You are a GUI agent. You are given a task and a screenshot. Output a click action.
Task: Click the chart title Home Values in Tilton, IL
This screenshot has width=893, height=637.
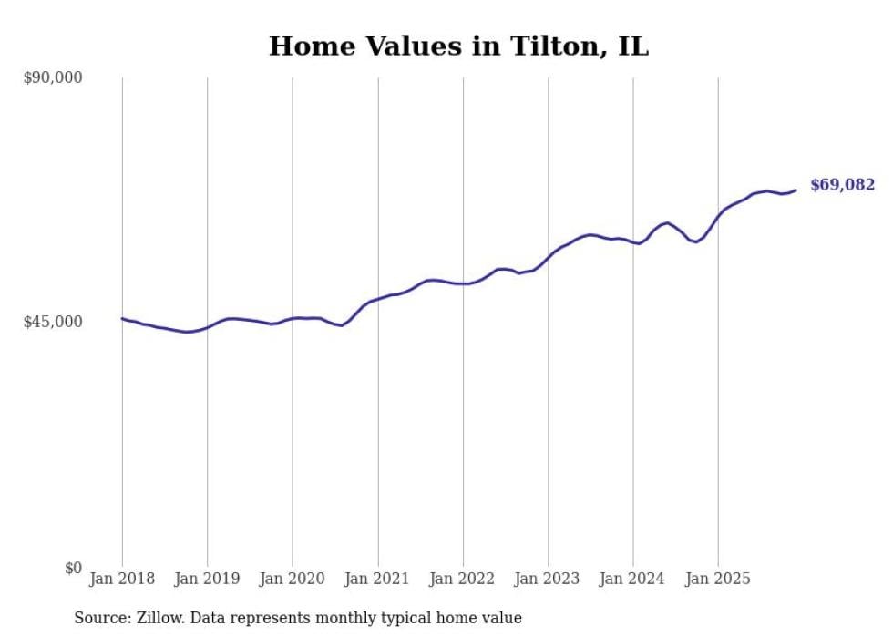[x=458, y=46]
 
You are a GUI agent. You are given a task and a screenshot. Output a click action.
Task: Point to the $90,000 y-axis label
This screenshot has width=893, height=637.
[x=52, y=78]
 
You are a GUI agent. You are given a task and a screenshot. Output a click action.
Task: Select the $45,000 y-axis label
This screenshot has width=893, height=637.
[x=52, y=322]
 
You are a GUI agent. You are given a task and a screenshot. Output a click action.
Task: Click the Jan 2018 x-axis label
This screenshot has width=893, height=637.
[x=122, y=579]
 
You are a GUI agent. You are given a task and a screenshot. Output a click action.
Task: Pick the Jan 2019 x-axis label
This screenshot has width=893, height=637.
[x=207, y=579]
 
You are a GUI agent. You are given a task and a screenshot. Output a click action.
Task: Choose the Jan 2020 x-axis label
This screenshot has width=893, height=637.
[x=293, y=579]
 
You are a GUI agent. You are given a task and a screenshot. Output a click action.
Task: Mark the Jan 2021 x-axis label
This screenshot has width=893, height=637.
[x=377, y=579]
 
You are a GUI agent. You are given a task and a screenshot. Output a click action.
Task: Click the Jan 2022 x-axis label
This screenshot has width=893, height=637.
[x=463, y=579]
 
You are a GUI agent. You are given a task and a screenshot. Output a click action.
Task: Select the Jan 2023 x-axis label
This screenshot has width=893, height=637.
[x=548, y=579]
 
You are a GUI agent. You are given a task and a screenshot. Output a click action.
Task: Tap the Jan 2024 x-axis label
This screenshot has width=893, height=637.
[x=633, y=579]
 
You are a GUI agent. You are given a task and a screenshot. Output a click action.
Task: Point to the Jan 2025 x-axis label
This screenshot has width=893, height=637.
[x=718, y=579]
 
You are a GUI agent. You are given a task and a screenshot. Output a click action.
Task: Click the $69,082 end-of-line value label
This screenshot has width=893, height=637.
[x=842, y=185]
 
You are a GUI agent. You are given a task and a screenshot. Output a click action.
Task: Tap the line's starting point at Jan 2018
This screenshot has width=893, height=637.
[x=122, y=318]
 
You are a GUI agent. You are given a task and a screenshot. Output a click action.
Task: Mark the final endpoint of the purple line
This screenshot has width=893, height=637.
[x=795, y=190]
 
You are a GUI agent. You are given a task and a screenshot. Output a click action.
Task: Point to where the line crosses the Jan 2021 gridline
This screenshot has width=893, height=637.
[x=377, y=298]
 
